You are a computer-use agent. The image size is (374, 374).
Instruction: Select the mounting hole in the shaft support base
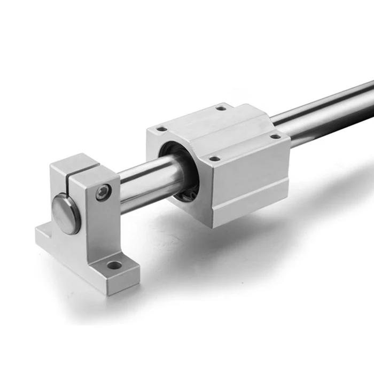tap(114, 264)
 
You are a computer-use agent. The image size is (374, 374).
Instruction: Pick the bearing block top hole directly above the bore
tap(160, 129)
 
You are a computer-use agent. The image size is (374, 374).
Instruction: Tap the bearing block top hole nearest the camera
tap(214, 158)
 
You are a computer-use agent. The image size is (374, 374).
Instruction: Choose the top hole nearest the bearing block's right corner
tap(275, 136)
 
